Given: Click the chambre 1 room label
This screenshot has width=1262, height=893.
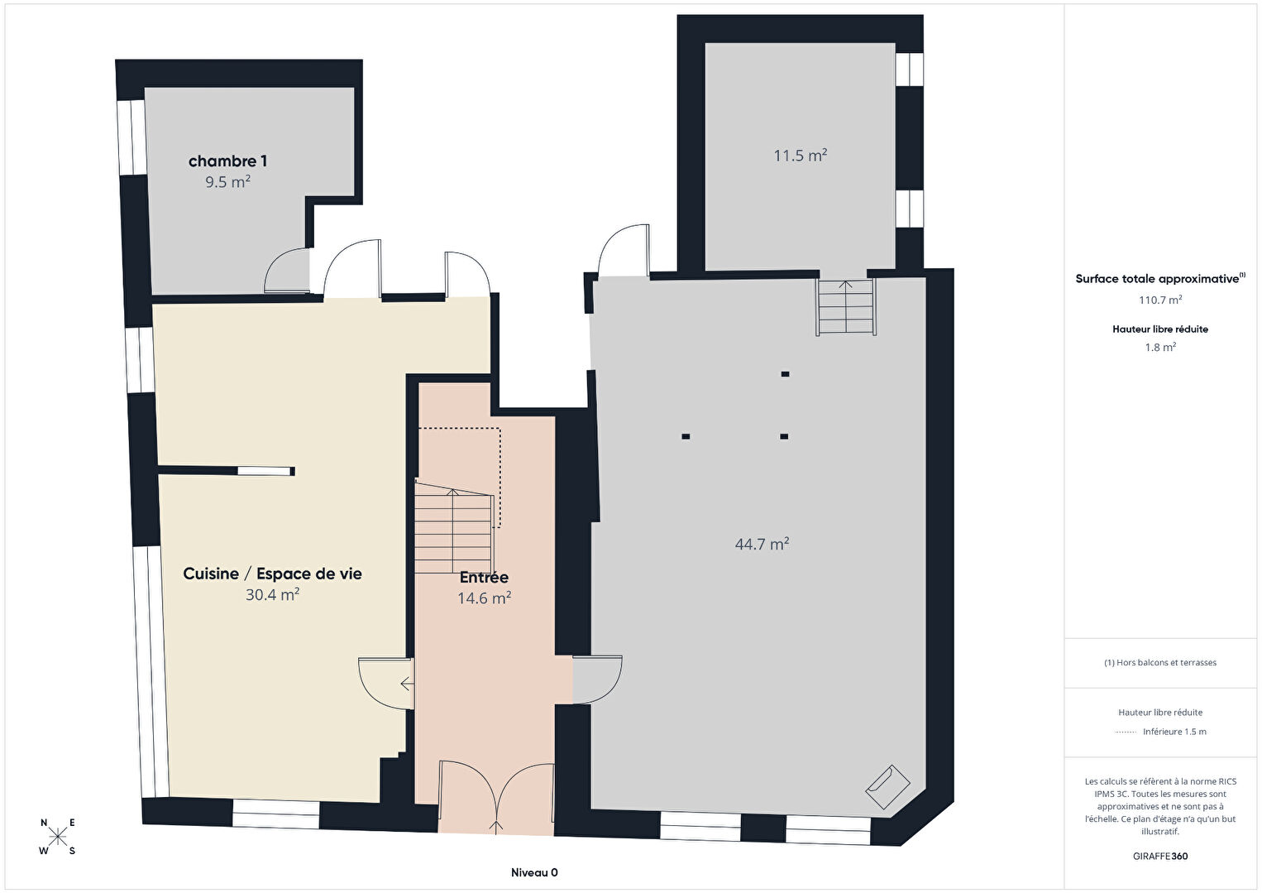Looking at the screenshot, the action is point(227,162).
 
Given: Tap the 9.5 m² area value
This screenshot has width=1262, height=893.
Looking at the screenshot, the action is point(227,182).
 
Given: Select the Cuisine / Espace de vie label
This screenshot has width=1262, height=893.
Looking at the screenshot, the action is point(273,574).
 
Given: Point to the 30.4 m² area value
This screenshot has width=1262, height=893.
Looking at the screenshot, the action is point(273,595).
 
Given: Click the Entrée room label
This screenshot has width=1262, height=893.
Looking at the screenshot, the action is point(484,578).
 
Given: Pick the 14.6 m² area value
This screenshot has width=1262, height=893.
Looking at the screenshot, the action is point(485,598).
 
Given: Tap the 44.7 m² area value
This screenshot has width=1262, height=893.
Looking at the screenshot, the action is point(762,544).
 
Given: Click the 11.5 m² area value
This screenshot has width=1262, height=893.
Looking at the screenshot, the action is point(801,156).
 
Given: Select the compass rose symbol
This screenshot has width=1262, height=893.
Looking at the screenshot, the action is point(57,837).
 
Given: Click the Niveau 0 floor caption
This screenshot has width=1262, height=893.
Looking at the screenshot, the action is point(535,872).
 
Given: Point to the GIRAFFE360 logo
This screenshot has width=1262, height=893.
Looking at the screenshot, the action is point(1160,856).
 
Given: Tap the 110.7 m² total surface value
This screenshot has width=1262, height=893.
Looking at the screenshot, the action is point(1160,300).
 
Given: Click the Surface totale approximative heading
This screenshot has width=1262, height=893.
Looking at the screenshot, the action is point(1160,279).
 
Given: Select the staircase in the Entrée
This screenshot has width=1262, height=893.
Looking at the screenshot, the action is point(455,527).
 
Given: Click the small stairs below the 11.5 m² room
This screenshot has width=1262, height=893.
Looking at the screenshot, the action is point(846,308).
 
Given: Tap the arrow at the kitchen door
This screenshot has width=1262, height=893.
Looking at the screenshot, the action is point(408,684).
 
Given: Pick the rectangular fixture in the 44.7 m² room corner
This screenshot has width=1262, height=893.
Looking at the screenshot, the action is point(888,787).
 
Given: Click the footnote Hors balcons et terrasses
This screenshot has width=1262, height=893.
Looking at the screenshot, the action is point(1160,662).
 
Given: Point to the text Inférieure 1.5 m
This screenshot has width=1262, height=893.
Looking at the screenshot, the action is point(1174,732).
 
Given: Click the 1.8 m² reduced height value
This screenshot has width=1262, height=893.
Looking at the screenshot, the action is point(1160,348).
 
